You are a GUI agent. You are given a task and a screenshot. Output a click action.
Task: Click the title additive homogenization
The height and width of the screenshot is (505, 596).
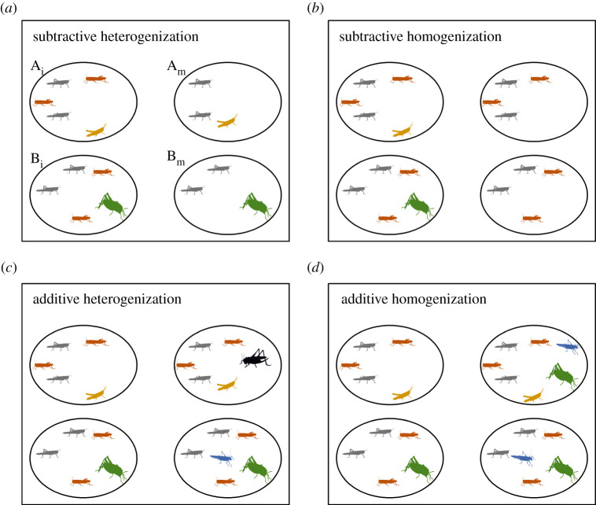click(x=403, y=300)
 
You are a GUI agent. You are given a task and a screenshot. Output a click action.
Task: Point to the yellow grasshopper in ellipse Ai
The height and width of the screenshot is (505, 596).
click(x=96, y=131)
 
